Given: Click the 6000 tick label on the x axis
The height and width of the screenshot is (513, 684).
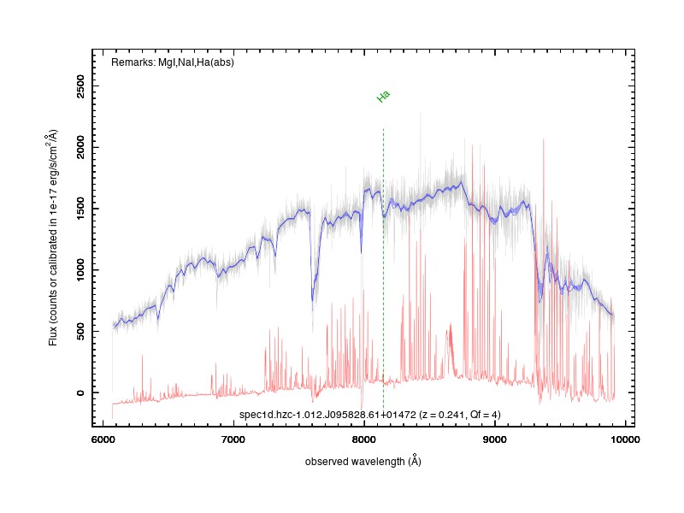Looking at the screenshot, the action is pos(103,439).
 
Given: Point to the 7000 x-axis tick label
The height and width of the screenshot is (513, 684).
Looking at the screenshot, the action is pos(233,439).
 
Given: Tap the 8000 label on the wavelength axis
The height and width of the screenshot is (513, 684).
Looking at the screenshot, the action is pos(364,439).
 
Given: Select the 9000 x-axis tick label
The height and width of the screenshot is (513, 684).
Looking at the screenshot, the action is pos(495,439).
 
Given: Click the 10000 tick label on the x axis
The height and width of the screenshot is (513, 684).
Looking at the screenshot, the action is pos(625,439).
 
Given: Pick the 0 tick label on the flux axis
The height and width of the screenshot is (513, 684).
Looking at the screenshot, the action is pos(80,392).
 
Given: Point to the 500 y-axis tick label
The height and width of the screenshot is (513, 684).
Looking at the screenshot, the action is pos(80,331).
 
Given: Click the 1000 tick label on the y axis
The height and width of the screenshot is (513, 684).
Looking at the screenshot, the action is pos(80,270).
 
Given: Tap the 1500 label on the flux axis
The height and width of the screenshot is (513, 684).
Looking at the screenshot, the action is pos(80,209).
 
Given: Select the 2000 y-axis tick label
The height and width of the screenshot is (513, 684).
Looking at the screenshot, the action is pos(80,147).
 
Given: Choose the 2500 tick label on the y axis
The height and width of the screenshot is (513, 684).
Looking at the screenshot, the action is pos(80,86).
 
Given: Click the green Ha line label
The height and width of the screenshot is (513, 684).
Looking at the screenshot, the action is pos(383,96).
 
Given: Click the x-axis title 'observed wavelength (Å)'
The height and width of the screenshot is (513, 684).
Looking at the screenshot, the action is pos(363,461).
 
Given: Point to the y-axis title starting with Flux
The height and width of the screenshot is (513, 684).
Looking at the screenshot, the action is pos(53,238).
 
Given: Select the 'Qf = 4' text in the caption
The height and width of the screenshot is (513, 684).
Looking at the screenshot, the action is pos(482,415).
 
